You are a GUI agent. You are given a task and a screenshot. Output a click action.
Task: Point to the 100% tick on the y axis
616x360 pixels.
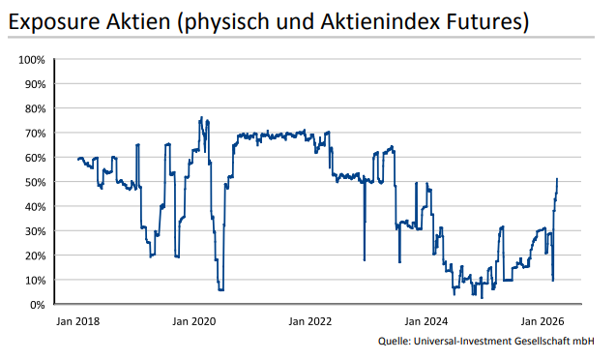click(32, 60)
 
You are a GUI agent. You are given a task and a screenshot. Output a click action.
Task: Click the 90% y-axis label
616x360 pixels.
click(34, 84)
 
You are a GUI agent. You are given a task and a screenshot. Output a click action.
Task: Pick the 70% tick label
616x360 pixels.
click(34, 134)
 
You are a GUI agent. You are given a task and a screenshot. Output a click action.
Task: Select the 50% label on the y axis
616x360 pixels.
click(34, 182)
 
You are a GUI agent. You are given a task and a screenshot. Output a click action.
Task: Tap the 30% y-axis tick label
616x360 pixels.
click(34, 231)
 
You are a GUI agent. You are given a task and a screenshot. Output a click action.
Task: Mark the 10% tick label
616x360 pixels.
click(34, 281)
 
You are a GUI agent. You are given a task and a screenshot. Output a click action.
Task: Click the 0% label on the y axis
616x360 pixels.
click(37, 305)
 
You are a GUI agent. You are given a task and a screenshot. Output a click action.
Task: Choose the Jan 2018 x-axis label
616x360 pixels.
click(77, 320)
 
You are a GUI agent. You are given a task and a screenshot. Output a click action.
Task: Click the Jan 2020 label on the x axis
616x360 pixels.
click(194, 320)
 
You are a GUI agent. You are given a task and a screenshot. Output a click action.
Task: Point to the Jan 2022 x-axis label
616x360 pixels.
click(310, 320)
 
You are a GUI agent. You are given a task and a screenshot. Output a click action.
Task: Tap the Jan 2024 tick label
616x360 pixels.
click(426, 320)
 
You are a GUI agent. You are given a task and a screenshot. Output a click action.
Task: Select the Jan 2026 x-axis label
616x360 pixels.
click(543, 320)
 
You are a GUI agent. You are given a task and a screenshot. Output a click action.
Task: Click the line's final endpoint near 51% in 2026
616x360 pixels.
click(557, 179)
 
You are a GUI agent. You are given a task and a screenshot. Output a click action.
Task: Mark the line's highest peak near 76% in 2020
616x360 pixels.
click(200, 118)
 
